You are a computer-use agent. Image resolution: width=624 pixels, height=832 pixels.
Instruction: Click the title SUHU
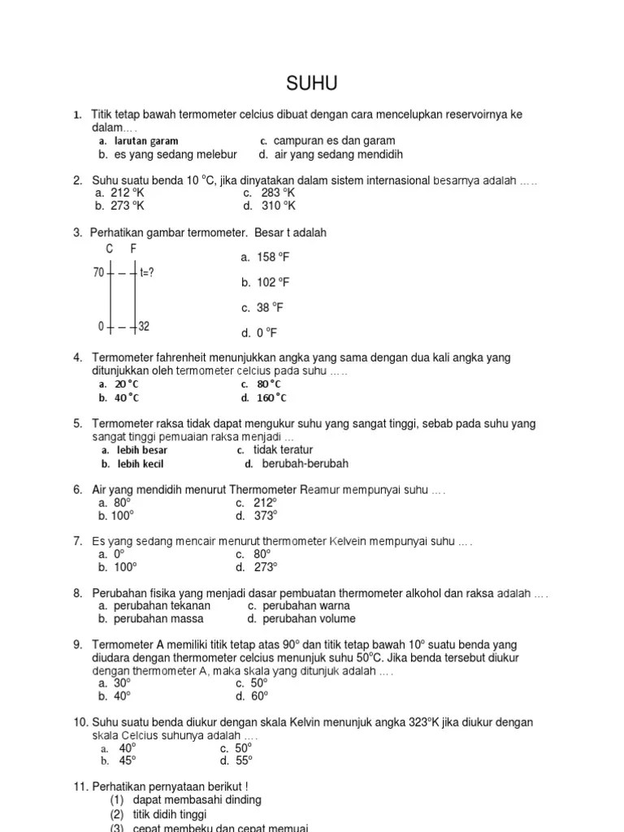tap(312, 84)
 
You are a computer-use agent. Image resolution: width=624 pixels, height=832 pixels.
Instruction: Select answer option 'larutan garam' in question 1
tap(145, 141)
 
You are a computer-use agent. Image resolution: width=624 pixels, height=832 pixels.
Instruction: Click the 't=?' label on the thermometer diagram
tap(147, 272)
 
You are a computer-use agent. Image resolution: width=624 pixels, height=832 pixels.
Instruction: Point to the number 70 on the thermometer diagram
tap(98, 272)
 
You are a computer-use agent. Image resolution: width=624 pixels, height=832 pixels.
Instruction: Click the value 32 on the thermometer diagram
tap(144, 327)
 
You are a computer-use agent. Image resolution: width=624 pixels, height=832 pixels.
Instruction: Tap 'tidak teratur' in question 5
tap(283, 450)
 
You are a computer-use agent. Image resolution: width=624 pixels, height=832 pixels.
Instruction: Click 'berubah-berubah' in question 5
tap(305, 464)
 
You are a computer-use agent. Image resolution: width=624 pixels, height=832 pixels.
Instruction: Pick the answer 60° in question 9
tap(260, 696)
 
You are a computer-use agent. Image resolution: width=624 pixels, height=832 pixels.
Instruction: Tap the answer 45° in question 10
tap(128, 760)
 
